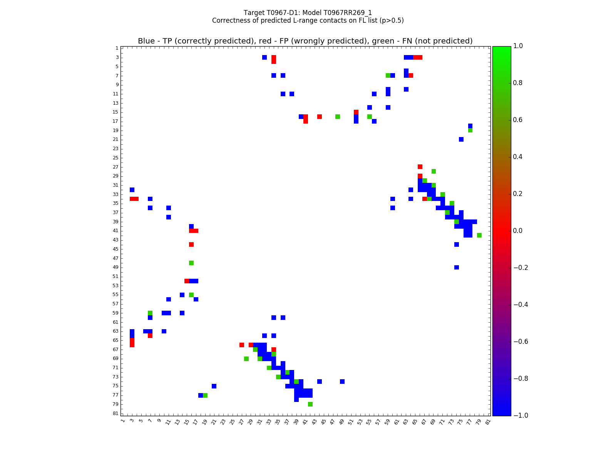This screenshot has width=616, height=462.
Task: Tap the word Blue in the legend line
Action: (146, 41)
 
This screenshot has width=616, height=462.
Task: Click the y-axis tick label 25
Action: (116, 158)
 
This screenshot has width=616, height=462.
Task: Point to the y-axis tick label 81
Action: (116, 413)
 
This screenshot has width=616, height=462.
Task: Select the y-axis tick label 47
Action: (116, 258)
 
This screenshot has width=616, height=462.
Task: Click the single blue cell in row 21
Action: (461, 139)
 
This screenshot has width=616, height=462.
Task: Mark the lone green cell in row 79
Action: (310, 404)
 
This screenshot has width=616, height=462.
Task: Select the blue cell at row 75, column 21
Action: (214, 386)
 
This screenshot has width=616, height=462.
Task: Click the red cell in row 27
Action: (420, 167)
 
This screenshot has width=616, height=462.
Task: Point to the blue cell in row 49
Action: (457, 267)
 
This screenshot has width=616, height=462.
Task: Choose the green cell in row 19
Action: (470, 130)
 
